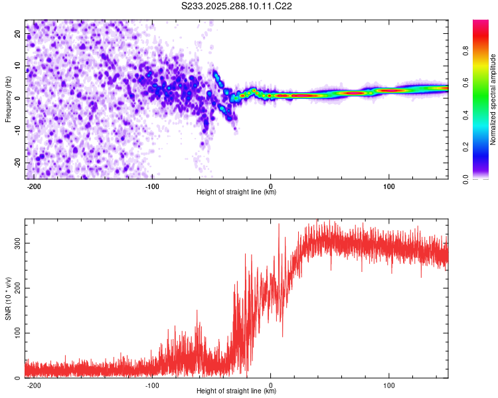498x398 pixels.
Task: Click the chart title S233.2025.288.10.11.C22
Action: pos(237,6)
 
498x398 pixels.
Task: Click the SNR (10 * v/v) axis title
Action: pos(8,298)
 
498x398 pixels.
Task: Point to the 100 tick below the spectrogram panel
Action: pos(388,186)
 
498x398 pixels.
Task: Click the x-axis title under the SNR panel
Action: pos(236,391)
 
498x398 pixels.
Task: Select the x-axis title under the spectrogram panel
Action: pos(236,192)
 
